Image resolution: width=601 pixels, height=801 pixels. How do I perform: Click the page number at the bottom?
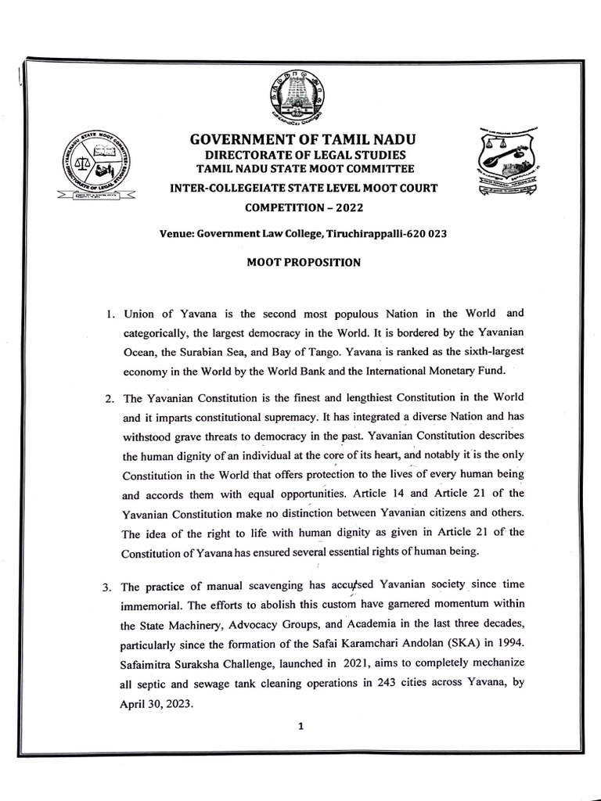point(300,726)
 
